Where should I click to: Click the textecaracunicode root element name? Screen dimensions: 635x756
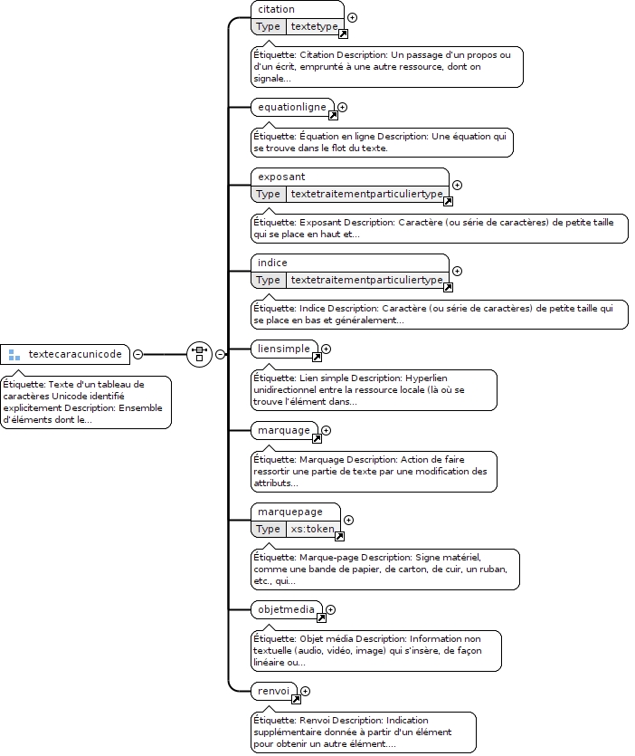point(75,354)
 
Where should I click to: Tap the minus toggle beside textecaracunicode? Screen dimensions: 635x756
point(137,354)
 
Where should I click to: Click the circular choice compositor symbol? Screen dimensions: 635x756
point(200,354)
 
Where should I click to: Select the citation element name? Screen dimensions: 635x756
point(276,9)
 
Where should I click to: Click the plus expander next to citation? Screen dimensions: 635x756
point(353,18)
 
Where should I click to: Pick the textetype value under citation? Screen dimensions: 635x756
point(314,26)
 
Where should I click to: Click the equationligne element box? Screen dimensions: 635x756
point(292,107)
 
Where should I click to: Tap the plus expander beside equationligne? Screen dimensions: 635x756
point(343,108)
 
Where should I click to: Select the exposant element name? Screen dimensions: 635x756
point(281,177)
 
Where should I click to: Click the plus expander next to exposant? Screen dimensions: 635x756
point(457,185)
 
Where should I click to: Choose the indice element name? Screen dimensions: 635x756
point(272,263)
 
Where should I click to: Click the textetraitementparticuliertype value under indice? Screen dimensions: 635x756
point(366,280)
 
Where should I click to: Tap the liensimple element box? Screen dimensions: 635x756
point(284,349)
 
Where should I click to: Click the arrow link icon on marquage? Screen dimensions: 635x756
point(317,439)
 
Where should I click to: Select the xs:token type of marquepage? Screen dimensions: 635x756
point(312,529)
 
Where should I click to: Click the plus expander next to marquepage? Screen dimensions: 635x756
point(349,521)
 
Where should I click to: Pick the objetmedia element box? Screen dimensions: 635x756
point(287,609)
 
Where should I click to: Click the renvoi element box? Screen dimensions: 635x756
point(274,691)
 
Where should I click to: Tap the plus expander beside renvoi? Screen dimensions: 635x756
point(306,692)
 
